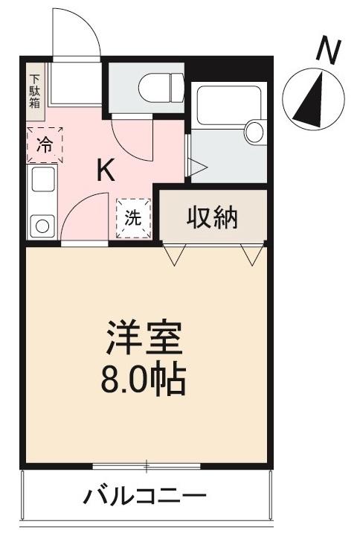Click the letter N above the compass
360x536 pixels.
coord(328,51)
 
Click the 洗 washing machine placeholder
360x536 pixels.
coord(132,218)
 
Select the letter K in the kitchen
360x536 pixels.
coord(106,172)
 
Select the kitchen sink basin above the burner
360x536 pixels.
coord(43,181)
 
